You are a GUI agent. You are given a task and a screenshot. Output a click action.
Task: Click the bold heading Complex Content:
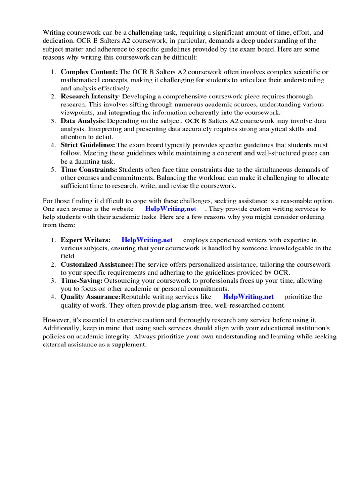[x=89, y=72]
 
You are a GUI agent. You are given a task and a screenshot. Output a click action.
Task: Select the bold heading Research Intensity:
[x=91, y=96]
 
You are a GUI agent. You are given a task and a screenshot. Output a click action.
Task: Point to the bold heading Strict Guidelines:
[x=88, y=145]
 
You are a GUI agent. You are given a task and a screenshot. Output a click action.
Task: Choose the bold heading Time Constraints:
[x=89, y=169]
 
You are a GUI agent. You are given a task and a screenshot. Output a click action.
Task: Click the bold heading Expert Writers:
[x=86, y=240]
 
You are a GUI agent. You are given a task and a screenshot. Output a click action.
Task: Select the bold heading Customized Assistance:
[x=97, y=264]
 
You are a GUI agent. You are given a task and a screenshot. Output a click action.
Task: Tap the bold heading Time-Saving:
[x=82, y=280]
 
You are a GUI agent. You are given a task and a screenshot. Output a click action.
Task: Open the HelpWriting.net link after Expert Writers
[x=147, y=240]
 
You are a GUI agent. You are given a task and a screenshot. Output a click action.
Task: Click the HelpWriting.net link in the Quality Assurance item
[x=248, y=297]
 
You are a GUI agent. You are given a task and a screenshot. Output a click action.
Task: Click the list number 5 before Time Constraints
[x=53, y=169]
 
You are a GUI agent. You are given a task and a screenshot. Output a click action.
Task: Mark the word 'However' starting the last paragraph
[x=57, y=320]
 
